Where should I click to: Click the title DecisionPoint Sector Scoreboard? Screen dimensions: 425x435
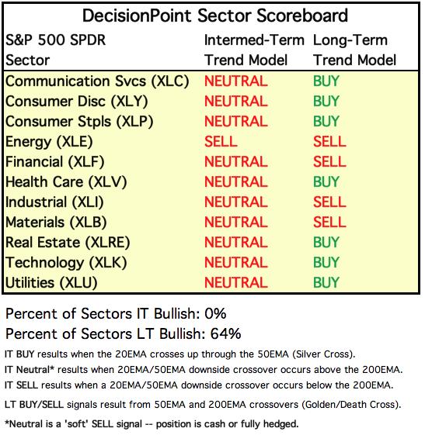215,16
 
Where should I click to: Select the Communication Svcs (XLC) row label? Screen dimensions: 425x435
97,81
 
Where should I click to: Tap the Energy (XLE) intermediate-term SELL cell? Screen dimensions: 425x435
221,141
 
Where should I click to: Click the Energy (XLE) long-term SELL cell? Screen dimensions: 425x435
329,141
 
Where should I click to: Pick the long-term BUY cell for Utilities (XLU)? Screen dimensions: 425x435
326,282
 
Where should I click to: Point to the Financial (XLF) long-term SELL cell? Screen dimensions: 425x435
329,162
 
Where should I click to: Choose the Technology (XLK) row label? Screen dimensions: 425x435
66,262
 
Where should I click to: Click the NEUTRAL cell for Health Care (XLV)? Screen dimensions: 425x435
236,182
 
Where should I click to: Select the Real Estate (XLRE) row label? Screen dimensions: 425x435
68,243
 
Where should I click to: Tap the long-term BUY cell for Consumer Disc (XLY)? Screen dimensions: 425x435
326,102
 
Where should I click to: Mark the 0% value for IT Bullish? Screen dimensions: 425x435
215,313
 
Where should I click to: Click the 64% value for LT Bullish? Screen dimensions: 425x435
225,333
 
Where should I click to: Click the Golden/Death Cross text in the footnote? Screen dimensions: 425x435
350,405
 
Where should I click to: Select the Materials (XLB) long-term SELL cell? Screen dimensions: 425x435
329,223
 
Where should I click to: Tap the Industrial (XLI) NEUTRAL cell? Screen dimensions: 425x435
236,202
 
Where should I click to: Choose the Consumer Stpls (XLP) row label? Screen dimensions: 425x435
79,122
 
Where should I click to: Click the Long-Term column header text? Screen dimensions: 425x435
350,40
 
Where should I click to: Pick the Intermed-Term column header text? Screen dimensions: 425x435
254,40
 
